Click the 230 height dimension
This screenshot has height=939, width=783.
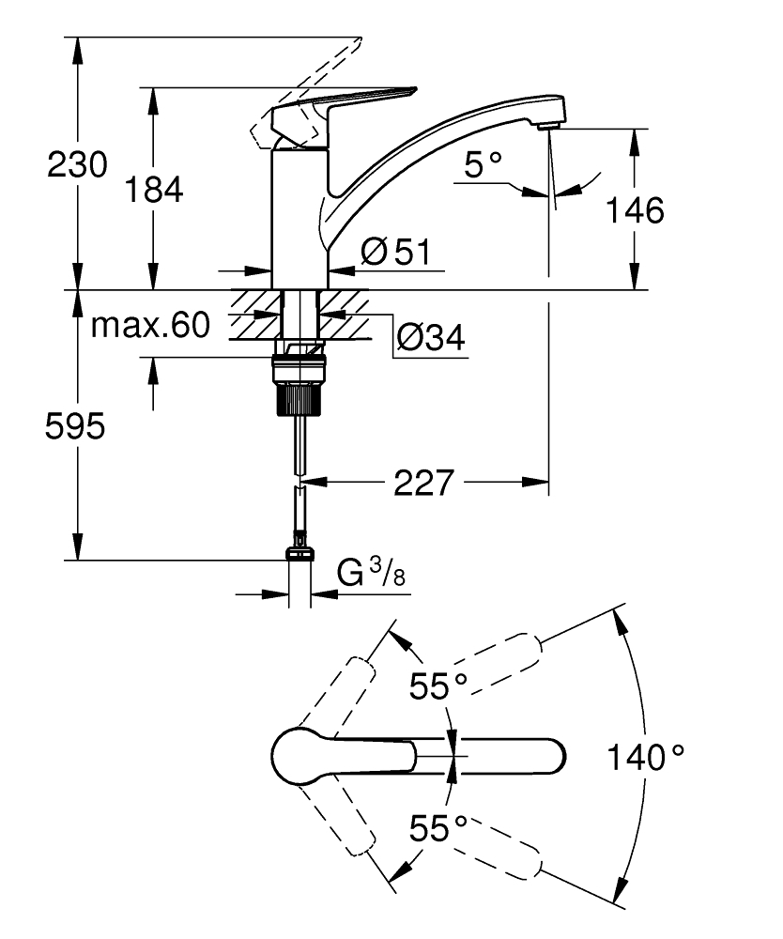78,165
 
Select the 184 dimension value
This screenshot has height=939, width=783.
154,190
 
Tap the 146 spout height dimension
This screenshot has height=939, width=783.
634,209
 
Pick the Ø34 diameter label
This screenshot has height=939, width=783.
430,337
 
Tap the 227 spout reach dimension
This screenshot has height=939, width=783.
423,484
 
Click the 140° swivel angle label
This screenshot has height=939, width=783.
645,756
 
